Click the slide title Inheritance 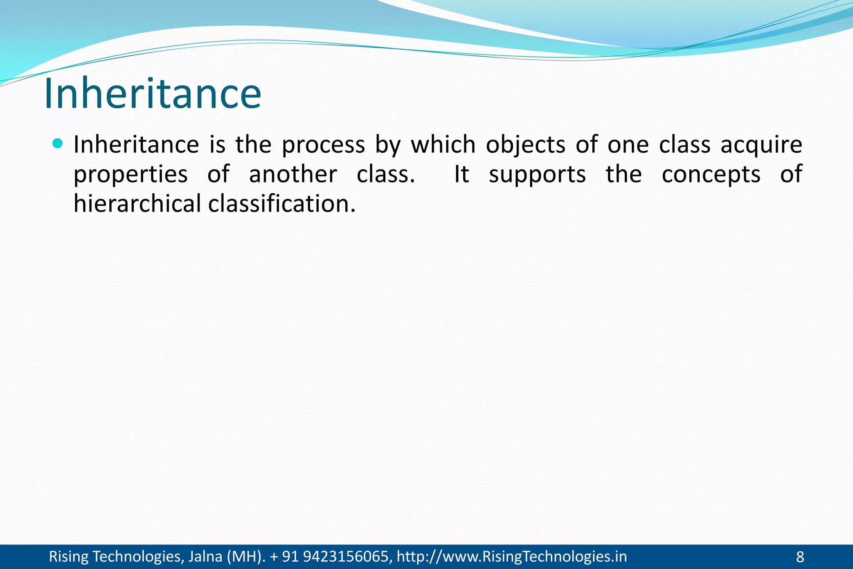point(152,94)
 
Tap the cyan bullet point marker point(58,144)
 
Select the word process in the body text point(323,145)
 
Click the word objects point(525,145)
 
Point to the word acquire point(761,145)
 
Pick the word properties point(130,175)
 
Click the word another point(293,174)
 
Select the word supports point(537,175)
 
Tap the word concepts point(711,175)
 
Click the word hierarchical point(137,204)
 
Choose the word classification point(282,204)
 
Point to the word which point(443,145)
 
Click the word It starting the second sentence point(461,174)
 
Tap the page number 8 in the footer point(800,557)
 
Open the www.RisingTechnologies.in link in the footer point(511,557)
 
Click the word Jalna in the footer point(205,557)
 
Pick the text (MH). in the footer point(246,557)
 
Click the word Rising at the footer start point(69,557)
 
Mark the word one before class point(628,145)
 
